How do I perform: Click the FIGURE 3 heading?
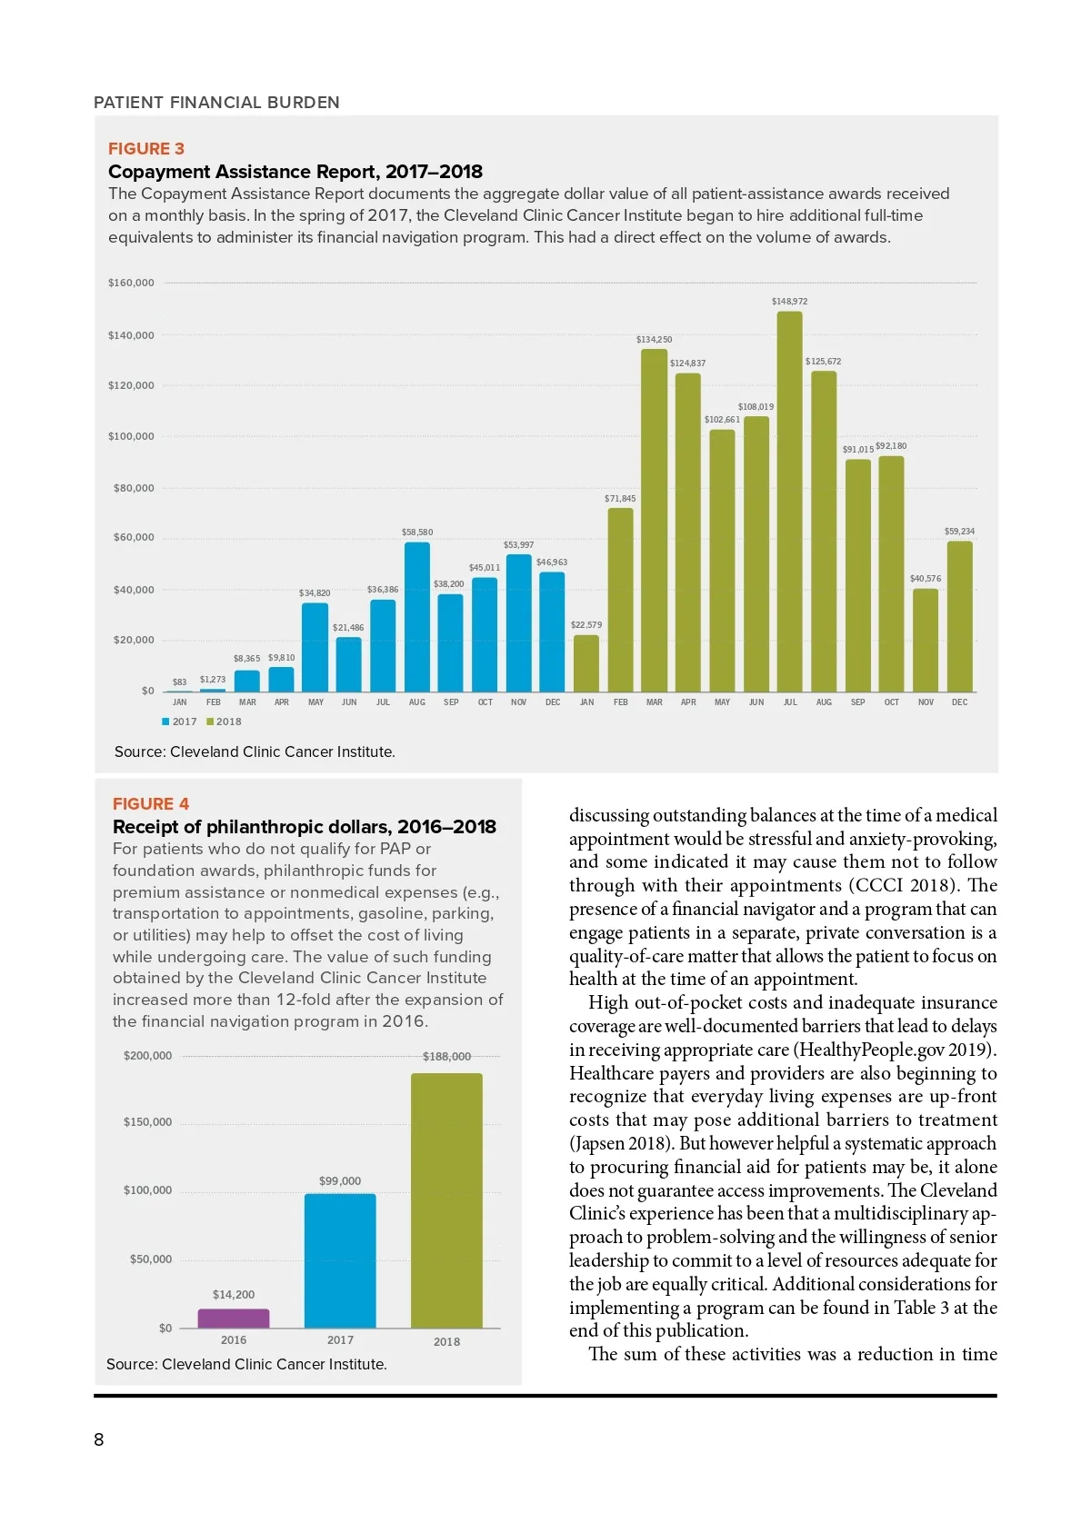click(146, 149)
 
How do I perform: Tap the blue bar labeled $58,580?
click(416, 617)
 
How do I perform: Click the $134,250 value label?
click(654, 340)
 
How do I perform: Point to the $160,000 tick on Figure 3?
click(131, 284)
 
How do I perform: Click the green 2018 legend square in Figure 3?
click(210, 722)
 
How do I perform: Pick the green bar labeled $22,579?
click(586, 663)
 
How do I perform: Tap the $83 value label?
click(179, 682)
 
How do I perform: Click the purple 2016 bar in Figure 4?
click(234, 1319)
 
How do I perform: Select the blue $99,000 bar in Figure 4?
click(340, 1260)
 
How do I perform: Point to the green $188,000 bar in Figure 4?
click(446, 1200)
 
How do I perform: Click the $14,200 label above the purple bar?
click(234, 1295)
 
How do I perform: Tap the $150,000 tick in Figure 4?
click(147, 1122)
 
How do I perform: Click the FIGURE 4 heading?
click(151, 804)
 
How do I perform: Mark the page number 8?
click(99, 1439)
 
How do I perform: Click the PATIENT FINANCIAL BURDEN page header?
click(216, 103)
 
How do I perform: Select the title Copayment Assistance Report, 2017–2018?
click(295, 172)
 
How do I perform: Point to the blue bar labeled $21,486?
click(348, 664)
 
